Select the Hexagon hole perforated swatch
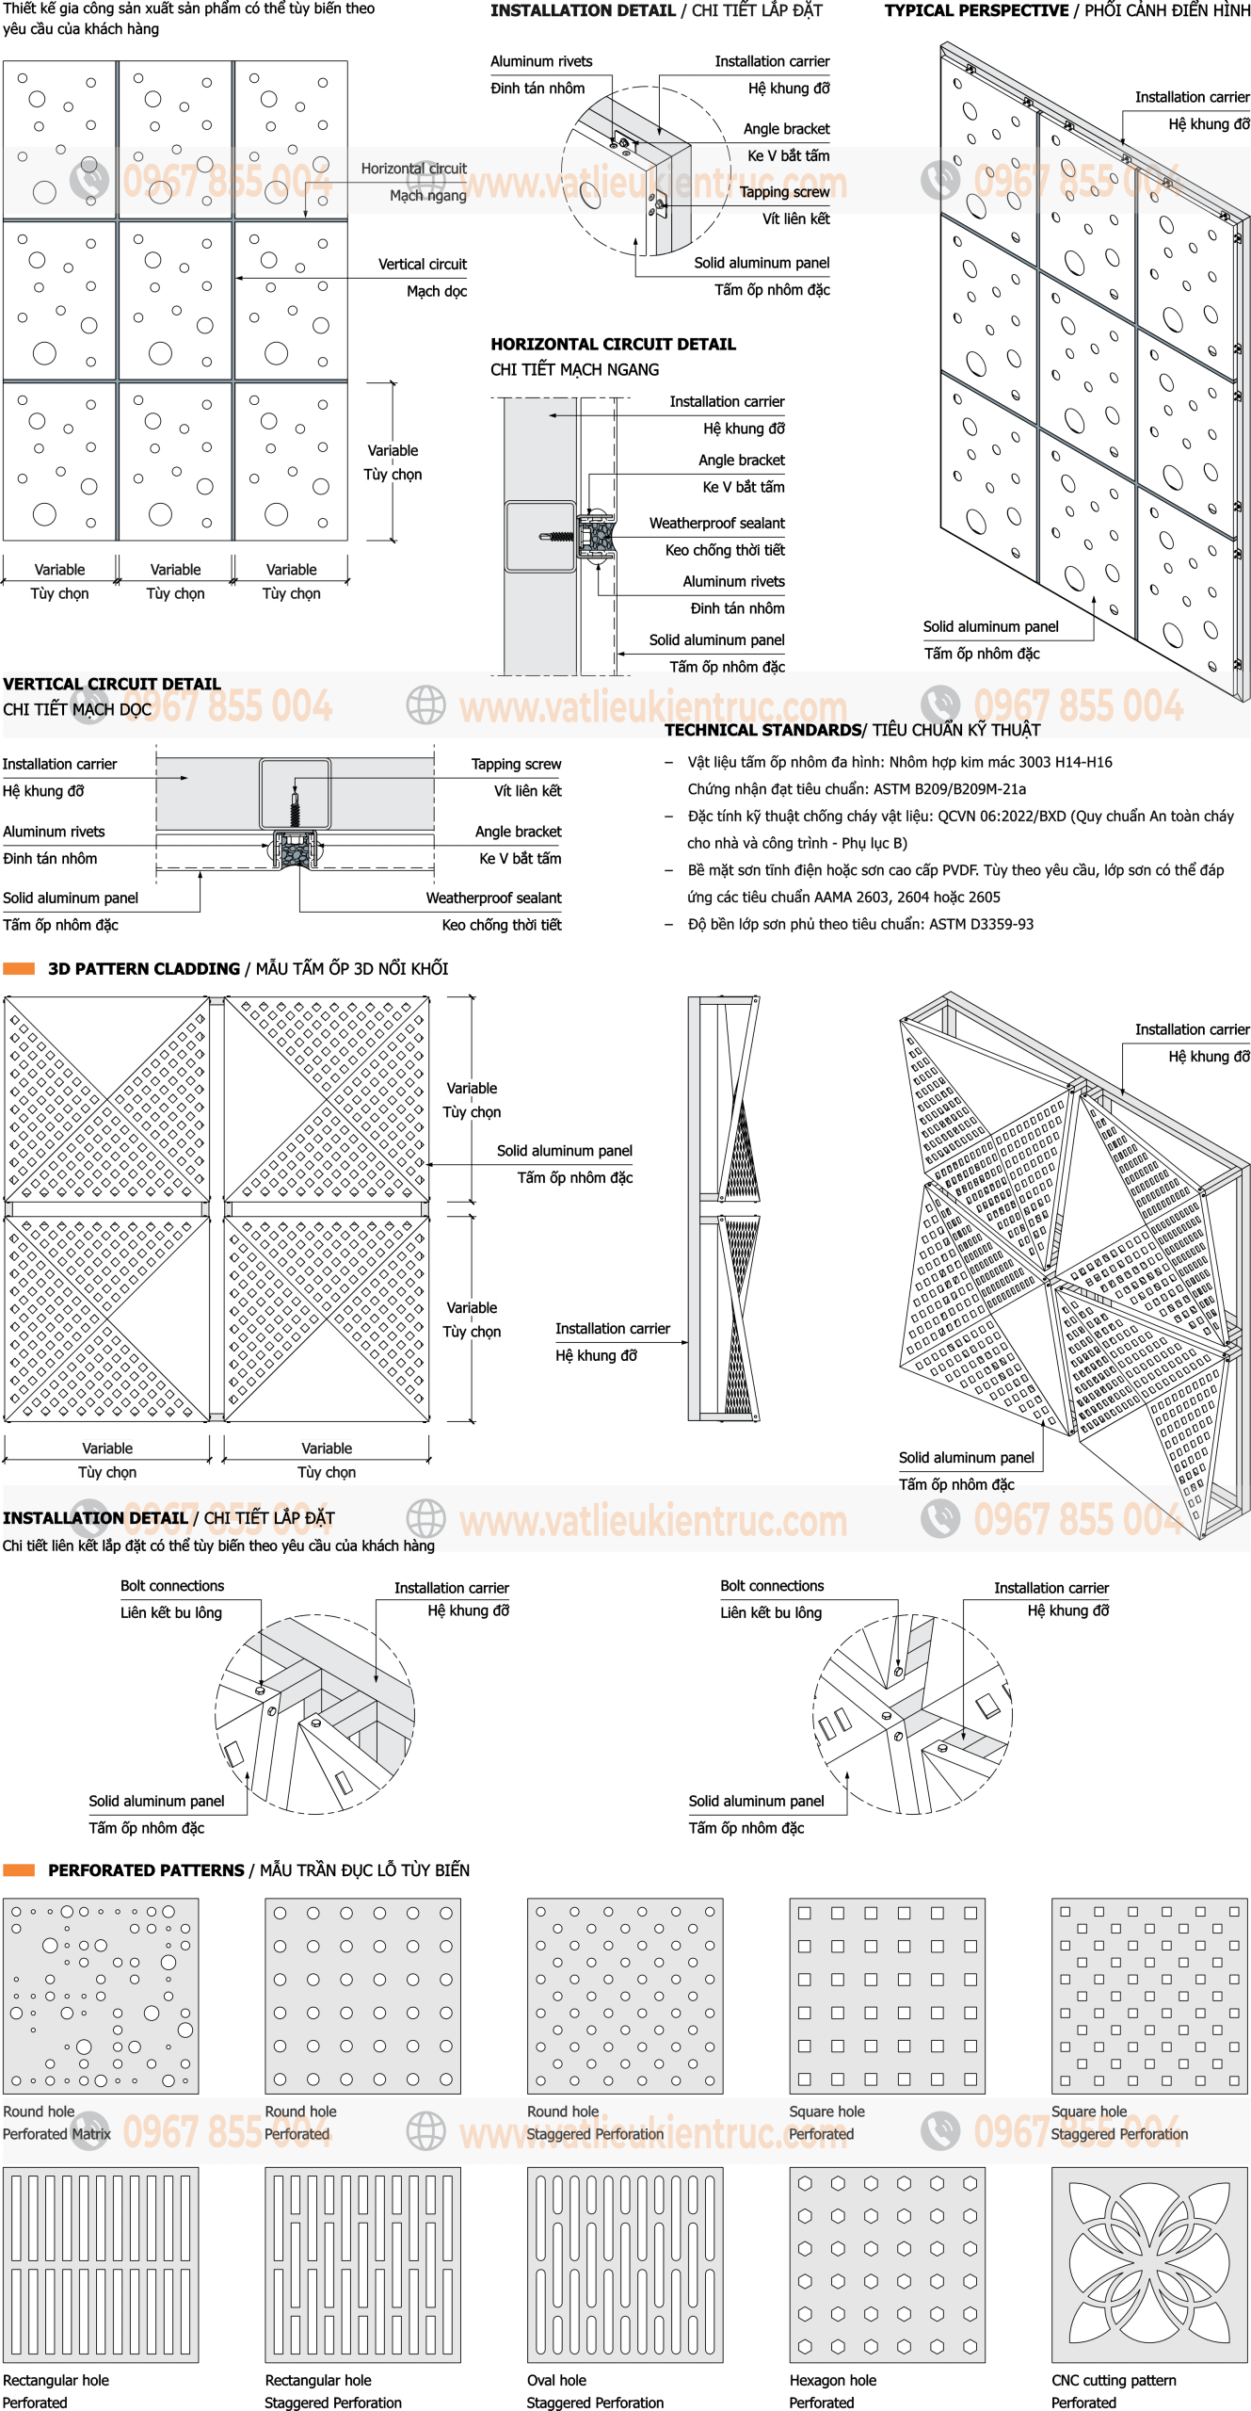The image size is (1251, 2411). pyautogui.click(x=887, y=2264)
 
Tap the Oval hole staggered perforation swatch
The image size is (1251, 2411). pyautogui.click(x=625, y=2264)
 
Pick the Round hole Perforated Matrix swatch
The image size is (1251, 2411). pyautogui.click(x=101, y=1996)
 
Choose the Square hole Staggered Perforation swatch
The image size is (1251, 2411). pyautogui.click(x=1149, y=1996)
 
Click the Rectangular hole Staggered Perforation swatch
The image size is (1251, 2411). pyautogui.click(x=362, y=2264)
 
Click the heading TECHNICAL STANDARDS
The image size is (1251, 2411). pyautogui.click(x=762, y=730)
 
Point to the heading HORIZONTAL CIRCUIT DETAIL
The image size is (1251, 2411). pyautogui.click(x=613, y=345)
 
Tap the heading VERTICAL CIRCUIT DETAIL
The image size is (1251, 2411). pyautogui.click(x=111, y=684)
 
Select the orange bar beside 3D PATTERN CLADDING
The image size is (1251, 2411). pyautogui.click(x=19, y=968)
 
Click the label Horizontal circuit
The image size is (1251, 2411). pyautogui.click(x=414, y=169)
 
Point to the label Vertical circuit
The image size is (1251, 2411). pyautogui.click(x=423, y=265)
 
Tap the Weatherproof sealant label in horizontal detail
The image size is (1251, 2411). pyautogui.click(x=716, y=523)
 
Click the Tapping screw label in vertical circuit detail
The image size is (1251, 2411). pyautogui.click(x=516, y=765)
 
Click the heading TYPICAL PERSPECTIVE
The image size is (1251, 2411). pyautogui.click(x=976, y=10)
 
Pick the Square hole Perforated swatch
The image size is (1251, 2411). pyautogui.click(x=887, y=1996)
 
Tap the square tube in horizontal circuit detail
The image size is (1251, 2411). pyautogui.click(x=540, y=537)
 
